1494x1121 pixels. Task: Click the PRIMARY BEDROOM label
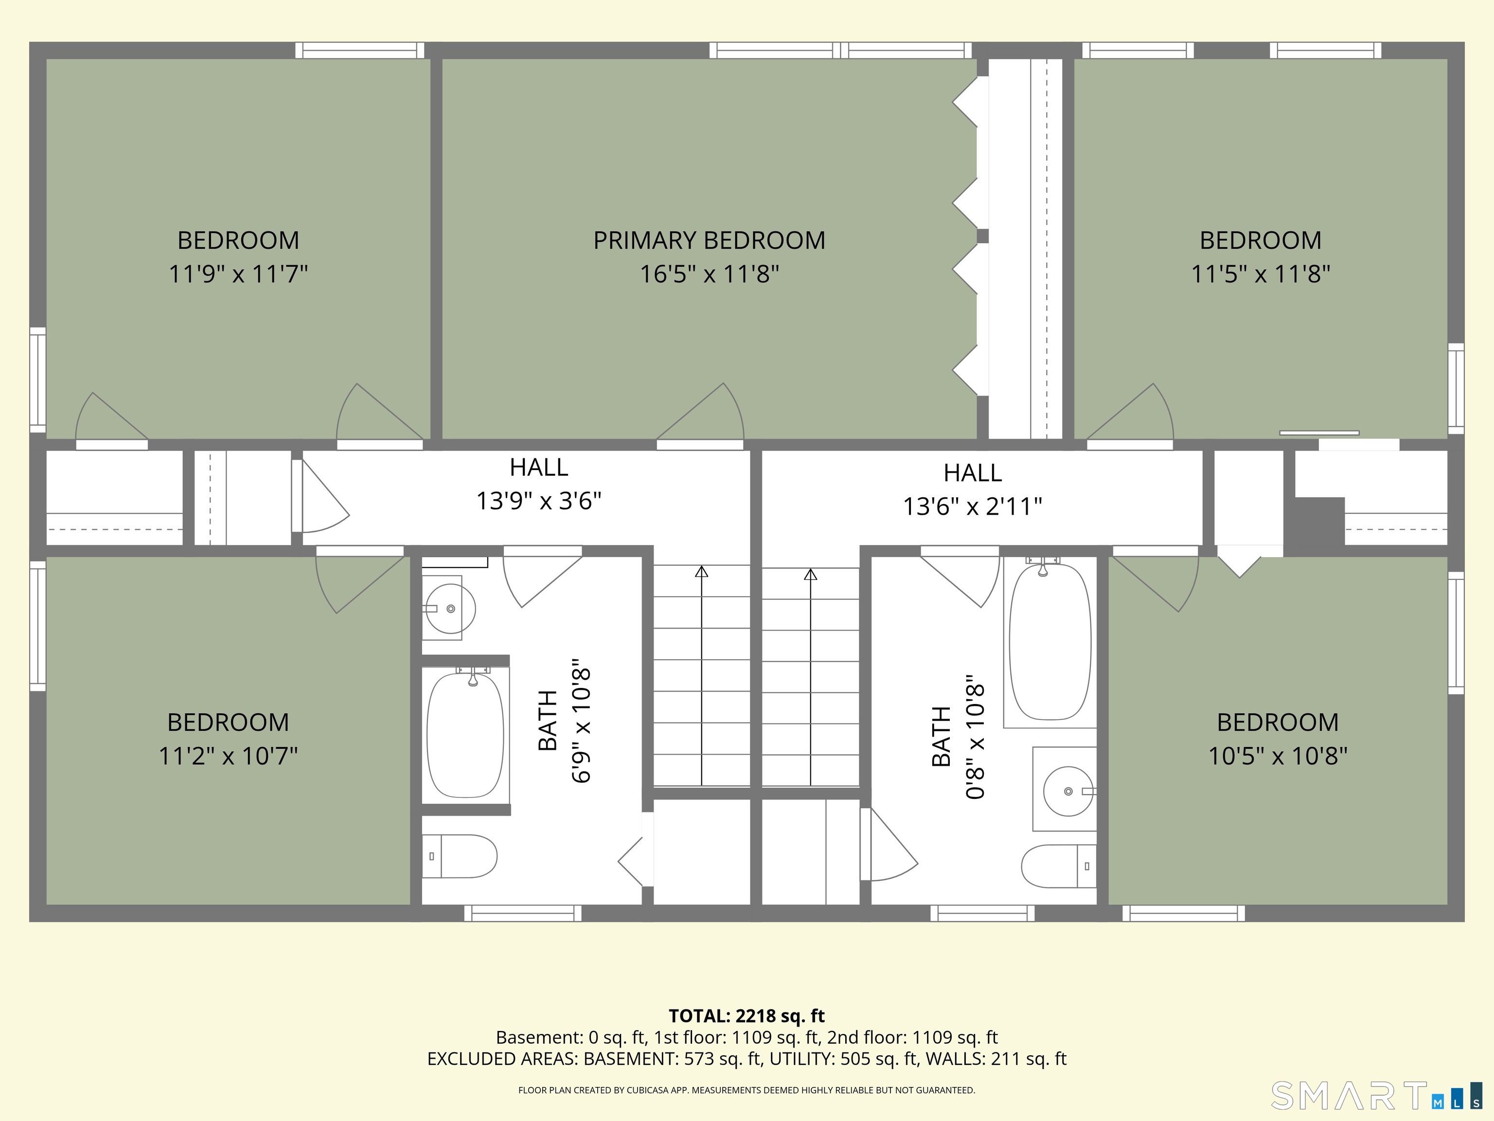pyautogui.click(x=709, y=240)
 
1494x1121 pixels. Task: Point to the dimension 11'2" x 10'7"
pyautogui.click(x=228, y=756)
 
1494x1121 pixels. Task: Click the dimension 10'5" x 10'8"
pyautogui.click(x=1278, y=756)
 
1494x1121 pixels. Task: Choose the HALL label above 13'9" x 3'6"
pyautogui.click(x=538, y=467)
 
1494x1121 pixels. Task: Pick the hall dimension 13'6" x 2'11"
pyautogui.click(x=973, y=506)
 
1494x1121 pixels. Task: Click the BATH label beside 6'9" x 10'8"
pyautogui.click(x=548, y=720)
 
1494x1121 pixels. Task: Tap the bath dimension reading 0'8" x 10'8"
pyautogui.click(x=975, y=737)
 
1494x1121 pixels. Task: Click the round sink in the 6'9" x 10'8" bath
pyautogui.click(x=450, y=608)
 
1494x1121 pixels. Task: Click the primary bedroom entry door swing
pyautogui.click(x=700, y=412)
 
